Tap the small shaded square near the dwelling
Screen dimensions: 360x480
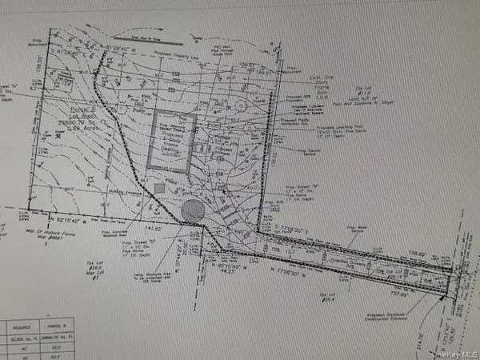[159, 186]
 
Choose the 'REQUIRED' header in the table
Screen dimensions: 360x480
[19, 326]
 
